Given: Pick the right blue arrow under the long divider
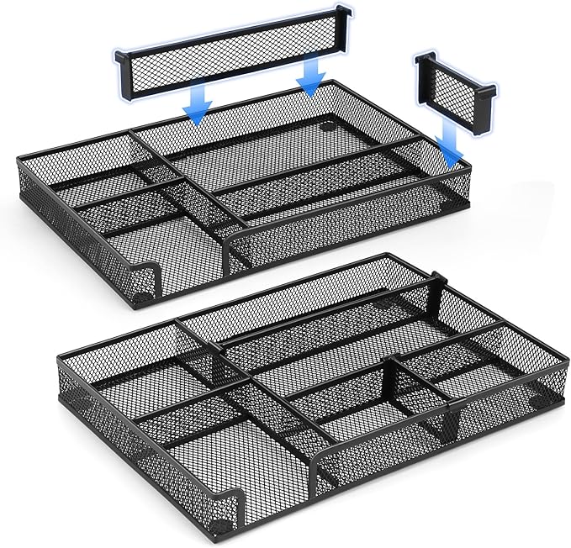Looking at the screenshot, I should pyautogui.click(x=311, y=78).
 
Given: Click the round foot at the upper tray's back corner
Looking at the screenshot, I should pyautogui.click(x=326, y=131).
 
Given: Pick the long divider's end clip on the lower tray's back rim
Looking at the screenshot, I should pyautogui.click(x=436, y=278).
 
